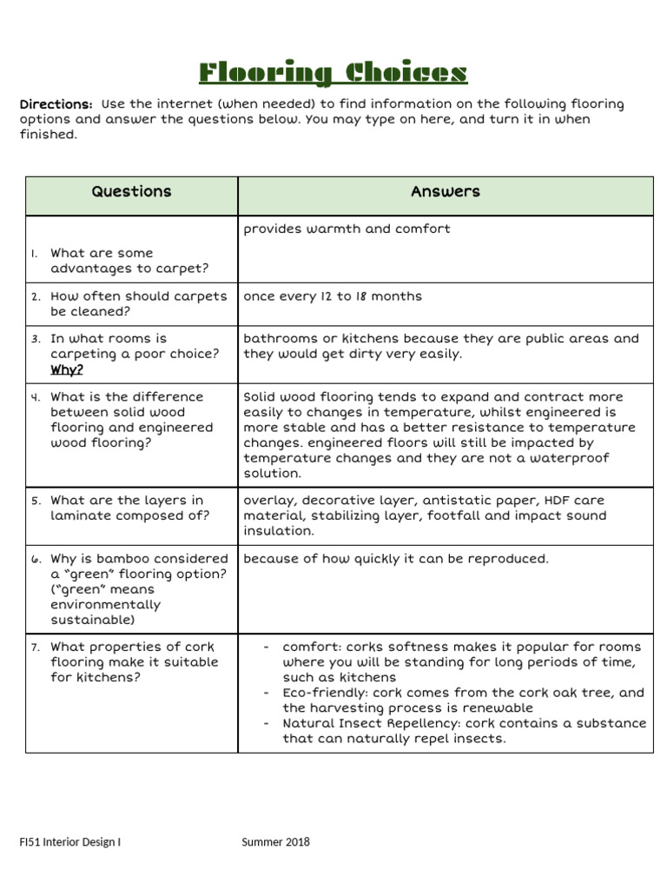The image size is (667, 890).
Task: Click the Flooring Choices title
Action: tap(333, 73)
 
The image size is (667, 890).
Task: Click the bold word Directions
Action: tap(56, 104)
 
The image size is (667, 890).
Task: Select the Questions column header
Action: tap(132, 192)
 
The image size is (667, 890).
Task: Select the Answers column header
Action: tap(446, 192)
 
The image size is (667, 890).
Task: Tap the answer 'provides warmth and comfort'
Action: tap(347, 229)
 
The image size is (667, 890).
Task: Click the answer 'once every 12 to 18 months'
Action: tap(333, 296)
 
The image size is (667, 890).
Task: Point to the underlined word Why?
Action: tap(67, 369)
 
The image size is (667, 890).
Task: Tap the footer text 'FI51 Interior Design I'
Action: tap(70, 841)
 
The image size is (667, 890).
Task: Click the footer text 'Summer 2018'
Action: tap(276, 841)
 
